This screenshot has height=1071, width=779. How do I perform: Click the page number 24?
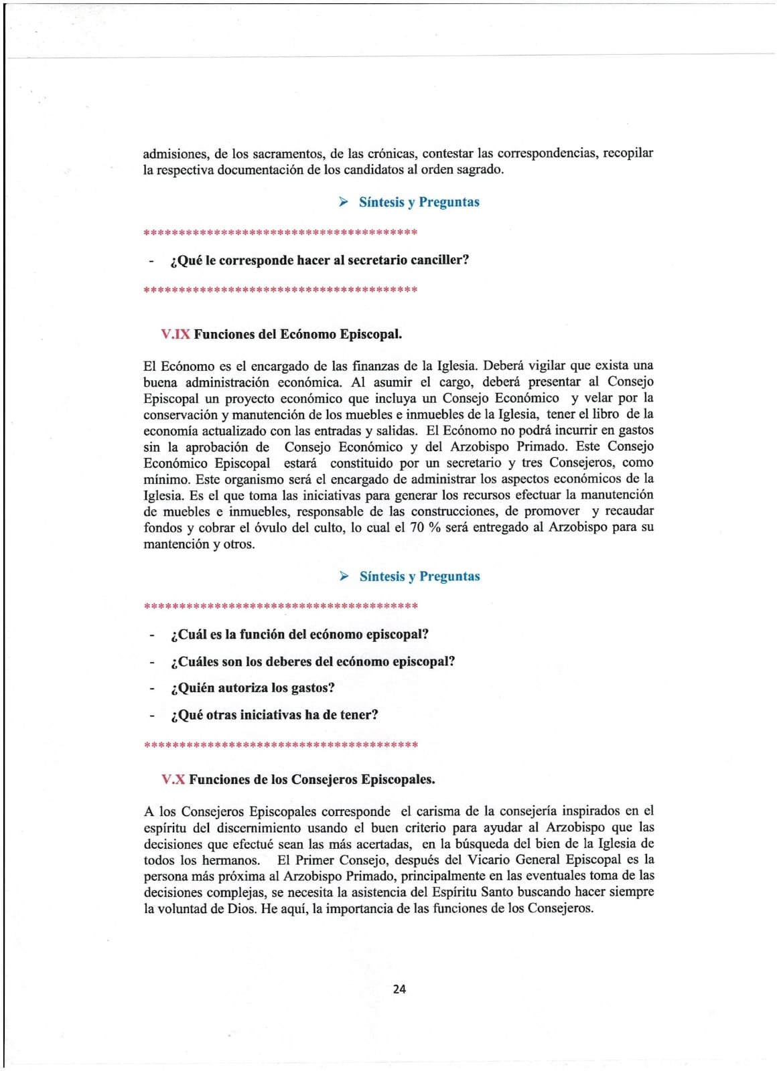(399, 989)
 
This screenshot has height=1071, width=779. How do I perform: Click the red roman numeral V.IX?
(175, 334)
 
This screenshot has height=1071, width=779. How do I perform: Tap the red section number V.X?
(173, 779)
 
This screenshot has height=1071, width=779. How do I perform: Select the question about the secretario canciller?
(320, 260)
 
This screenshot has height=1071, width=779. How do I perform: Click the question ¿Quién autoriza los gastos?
(253, 687)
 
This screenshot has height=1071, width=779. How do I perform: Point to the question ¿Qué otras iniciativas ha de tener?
(275, 715)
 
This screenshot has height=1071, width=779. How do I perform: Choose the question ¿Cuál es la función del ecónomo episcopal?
(299, 634)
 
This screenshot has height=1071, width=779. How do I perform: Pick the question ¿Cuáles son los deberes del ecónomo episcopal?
(313, 661)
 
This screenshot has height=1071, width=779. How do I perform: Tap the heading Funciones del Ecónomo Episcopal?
(298, 334)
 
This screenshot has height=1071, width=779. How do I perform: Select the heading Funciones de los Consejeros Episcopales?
(311, 779)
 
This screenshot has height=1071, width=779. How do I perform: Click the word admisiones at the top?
(175, 153)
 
